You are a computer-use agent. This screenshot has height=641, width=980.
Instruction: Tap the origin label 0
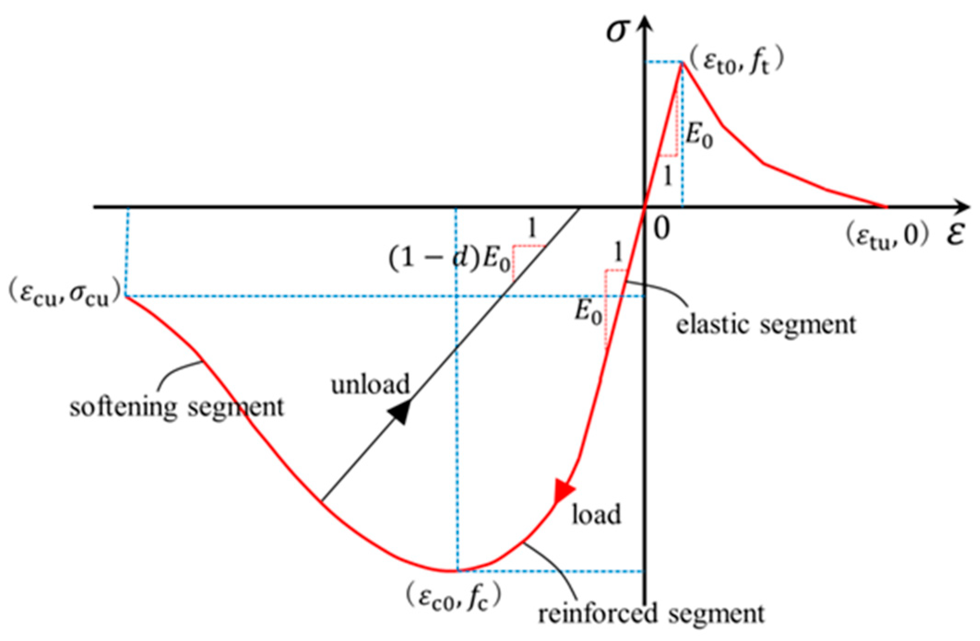661,229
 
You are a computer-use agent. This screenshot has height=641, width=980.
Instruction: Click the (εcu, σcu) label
65,295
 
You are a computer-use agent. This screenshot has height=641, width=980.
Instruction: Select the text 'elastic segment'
766,324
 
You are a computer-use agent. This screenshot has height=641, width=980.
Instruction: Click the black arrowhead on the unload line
400,412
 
